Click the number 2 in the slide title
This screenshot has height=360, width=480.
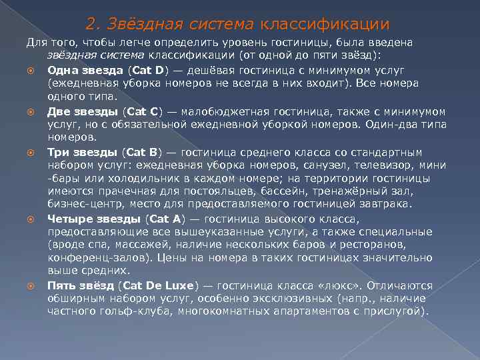click(x=91, y=25)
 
